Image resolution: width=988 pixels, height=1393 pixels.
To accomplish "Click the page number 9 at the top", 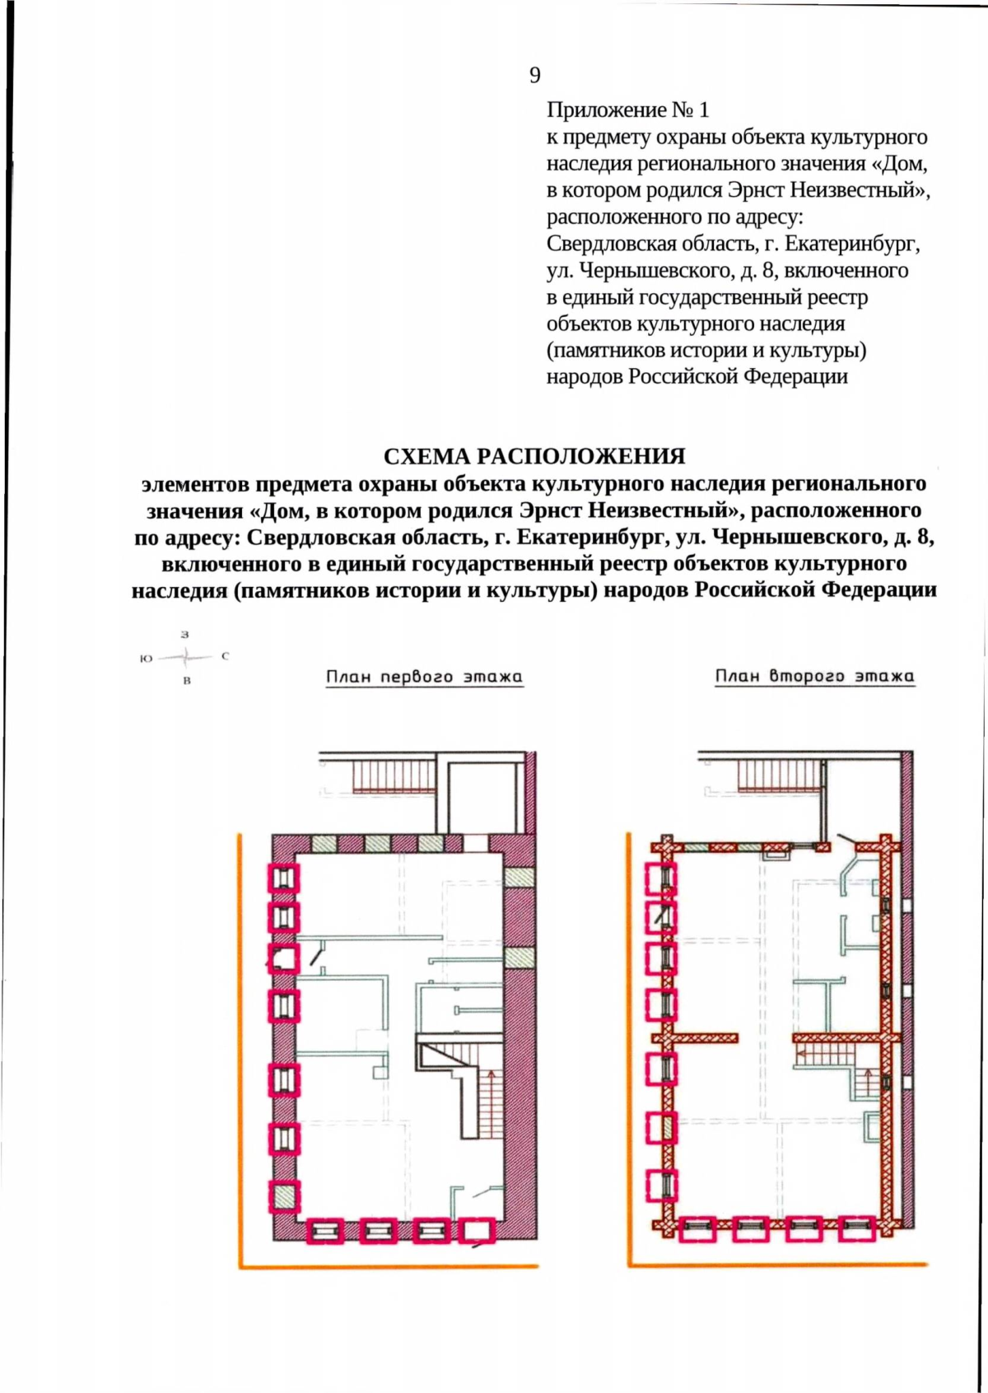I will (x=535, y=76).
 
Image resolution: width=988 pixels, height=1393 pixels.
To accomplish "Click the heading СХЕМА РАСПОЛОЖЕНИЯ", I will (x=534, y=456).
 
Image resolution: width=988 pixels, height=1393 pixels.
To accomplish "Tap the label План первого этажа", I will (x=424, y=678).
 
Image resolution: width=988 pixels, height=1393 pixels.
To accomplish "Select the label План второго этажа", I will (x=814, y=677).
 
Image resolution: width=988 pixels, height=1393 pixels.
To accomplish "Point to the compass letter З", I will (x=185, y=635).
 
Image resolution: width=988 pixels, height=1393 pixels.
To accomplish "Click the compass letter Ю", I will (x=146, y=659).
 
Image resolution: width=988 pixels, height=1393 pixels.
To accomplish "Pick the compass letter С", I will (x=225, y=657).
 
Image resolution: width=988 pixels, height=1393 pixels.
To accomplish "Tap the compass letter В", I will (x=187, y=681).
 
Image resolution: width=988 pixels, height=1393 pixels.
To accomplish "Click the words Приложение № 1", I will (x=627, y=109).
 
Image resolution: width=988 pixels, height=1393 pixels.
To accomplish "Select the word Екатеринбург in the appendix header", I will (x=852, y=245).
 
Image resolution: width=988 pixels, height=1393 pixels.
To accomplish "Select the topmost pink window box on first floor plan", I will (x=283, y=878).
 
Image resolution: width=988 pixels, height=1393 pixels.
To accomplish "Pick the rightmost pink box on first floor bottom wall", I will (x=479, y=1231).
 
